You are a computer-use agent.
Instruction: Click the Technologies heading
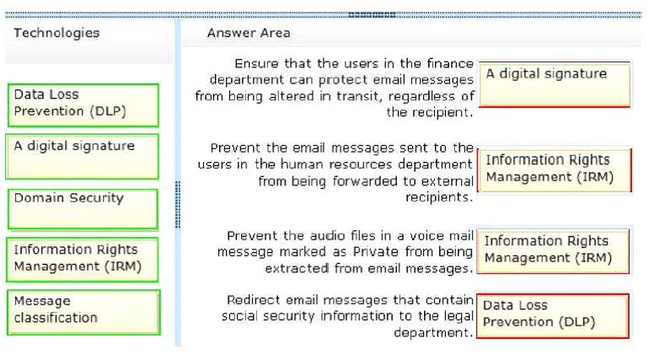[x=56, y=33]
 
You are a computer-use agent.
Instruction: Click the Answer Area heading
[x=249, y=33]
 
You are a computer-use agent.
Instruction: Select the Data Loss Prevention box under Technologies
[x=83, y=105]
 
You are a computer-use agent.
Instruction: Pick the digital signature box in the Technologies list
[x=83, y=157]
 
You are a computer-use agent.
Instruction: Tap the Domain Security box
[x=83, y=209]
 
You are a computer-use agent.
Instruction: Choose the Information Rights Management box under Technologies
[x=83, y=260]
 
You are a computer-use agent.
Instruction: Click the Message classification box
[x=83, y=313]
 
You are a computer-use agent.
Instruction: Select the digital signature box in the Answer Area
[x=555, y=84]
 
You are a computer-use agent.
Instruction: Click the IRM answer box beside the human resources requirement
[x=555, y=170]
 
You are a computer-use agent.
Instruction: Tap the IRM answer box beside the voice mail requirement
[x=553, y=250]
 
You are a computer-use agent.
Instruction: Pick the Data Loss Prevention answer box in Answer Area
[x=553, y=316]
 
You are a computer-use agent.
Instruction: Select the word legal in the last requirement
[x=459, y=316]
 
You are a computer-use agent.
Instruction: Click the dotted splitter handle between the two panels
[x=178, y=205]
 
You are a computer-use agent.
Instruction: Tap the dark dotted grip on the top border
[x=372, y=15]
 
